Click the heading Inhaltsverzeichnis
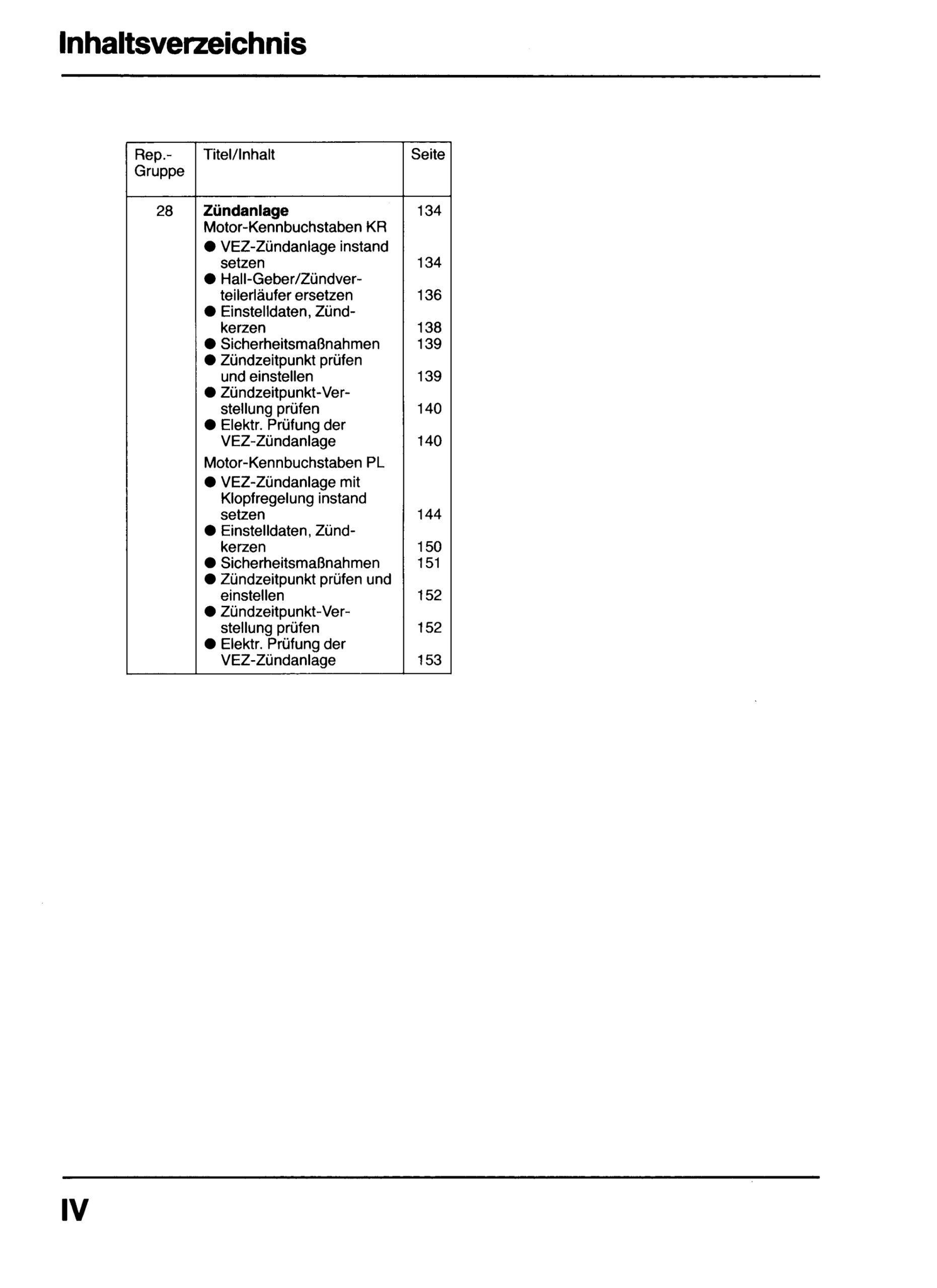coord(182,44)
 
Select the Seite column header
coord(427,154)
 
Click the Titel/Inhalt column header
coord(239,154)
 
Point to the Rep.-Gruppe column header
coord(159,163)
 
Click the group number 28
coord(164,211)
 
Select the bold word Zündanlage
coord(246,211)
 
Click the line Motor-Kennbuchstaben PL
coord(294,463)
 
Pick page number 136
coord(429,295)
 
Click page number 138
coord(429,328)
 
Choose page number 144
coord(429,515)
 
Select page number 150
coord(429,547)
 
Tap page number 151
coord(429,563)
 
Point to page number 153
coord(429,660)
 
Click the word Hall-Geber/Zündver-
coord(291,279)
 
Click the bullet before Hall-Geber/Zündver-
coord(210,279)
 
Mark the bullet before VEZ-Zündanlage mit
coord(210,482)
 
